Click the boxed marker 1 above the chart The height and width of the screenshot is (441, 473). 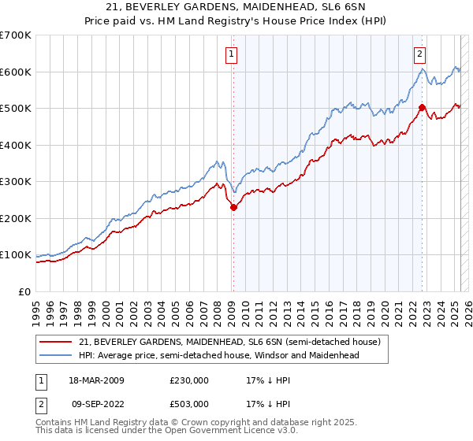pos(232,54)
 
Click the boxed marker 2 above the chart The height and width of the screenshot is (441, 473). pos(419,54)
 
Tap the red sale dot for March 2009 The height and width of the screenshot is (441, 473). pos(233,208)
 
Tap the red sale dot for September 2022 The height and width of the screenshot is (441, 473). pos(422,108)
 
